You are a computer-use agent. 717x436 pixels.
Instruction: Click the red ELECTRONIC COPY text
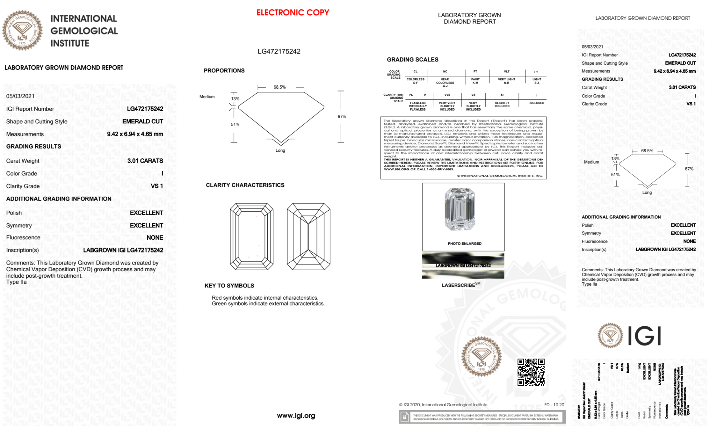pos(292,13)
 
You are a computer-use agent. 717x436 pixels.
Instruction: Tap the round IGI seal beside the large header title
pos(22,31)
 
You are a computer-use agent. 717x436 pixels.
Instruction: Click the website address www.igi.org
pos(296,416)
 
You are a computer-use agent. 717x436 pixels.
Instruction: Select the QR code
pos(531,372)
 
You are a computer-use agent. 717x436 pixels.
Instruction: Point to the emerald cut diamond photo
pos(460,209)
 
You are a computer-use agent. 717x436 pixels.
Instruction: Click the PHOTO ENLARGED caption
pos(464,244)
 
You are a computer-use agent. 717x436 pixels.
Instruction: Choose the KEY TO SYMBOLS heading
pos(229,286)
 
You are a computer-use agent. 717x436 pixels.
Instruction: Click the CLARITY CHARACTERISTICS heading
pos(245,185)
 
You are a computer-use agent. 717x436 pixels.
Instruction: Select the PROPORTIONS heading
pos(224,71)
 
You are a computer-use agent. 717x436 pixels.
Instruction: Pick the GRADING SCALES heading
pos(412,60)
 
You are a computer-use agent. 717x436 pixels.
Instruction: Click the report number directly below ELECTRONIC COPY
pos(279,51)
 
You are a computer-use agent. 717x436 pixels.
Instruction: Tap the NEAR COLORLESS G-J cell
pos(445,83)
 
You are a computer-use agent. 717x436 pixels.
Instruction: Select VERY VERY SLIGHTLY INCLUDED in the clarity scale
pos(447,106)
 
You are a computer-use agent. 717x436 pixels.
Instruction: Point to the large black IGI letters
pos(645,336)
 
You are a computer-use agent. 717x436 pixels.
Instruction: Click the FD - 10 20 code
pos(554,405)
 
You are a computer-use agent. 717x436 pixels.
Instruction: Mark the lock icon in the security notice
pos(405,417)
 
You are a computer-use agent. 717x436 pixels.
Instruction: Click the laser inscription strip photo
pos(463,266)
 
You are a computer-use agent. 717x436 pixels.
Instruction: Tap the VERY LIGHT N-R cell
pos(506,81)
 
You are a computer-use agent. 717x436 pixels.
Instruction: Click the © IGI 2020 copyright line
pos(443,405)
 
